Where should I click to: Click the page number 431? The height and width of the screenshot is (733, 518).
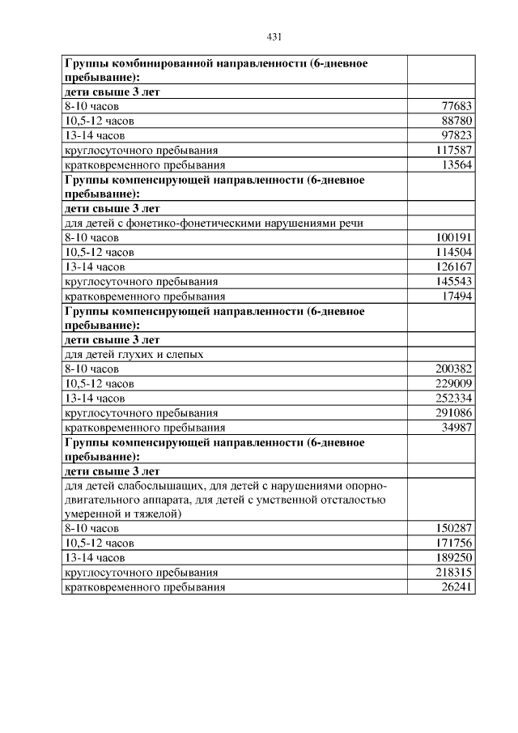pyautogui.click(x=274, y=37)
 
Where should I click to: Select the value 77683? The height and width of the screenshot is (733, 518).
pyautogui.click(x=456, y=106)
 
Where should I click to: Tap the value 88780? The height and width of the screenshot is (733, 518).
pyautogui.click(x=456, y=121)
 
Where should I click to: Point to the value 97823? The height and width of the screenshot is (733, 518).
pyautogui.click(x=456, y=135)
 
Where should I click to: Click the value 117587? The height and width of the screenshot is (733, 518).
pyautogui.click(x=453, y=150)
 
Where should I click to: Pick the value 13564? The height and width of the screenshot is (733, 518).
pyautogui.click(x=456, y=164)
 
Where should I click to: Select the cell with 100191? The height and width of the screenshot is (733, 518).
pyautogui.click(x=453, y=238)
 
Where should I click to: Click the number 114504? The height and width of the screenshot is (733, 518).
pyautogui.click(x=453, y=253)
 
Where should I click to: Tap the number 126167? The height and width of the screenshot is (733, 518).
pyautogui.click(x=453, y=267)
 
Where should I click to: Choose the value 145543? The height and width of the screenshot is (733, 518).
pyautogui.click(x=453, y=282)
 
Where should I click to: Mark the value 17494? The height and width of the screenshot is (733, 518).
pyautogui.click(x=456, y=296)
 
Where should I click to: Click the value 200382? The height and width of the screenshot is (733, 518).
pyautogui.click(x=453, y=369)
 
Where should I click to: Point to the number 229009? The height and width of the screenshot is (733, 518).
pyautogui.click(x=453, y=384)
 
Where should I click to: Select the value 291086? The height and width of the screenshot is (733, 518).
pyautogui.click(x=453, y=413)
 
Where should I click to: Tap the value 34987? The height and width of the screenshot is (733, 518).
pyautogui.click(x=456, y=428)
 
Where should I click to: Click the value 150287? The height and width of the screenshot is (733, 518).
pyautogui.click(x=453, y=529)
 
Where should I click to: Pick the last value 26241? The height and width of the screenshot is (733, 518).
pyautogui.click(x=456, y=587)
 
